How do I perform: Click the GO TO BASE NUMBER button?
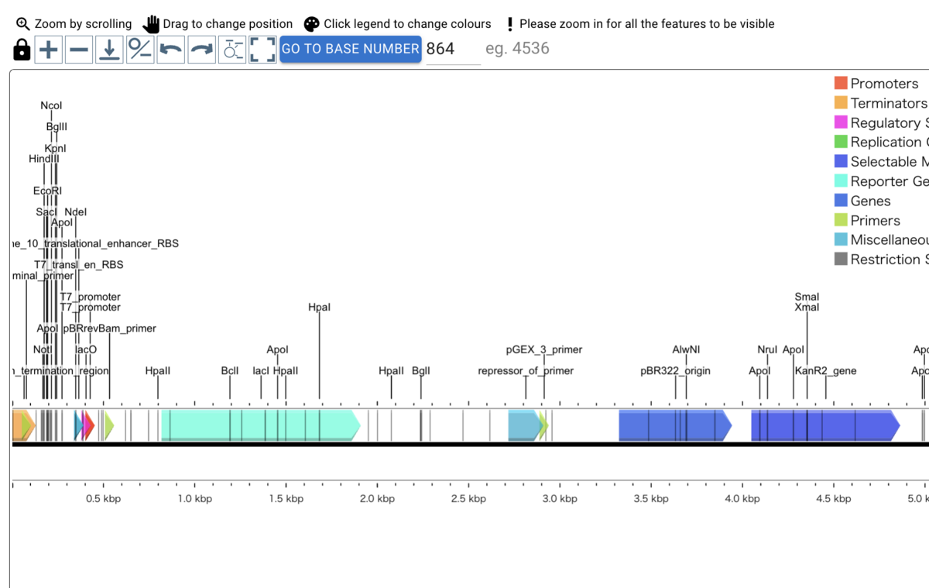click(x=351, y=49)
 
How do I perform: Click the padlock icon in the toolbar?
click(x=22, y=50)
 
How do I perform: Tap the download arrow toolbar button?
click(x=109, y=50)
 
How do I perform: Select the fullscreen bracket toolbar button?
click(x=262, y=50)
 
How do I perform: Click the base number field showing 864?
click(x=452, y=49)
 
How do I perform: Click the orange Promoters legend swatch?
click(x=841, y=84)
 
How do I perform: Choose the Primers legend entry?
click(x=875, y=221)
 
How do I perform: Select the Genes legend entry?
click(x=870, y=201)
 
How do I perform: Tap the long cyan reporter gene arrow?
click(x=260, y=425)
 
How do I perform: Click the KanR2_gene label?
click(x=825, y=371)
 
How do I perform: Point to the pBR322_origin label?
click(x=675, y=371)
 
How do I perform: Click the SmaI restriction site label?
click(x=807, y=297)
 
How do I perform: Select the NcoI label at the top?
click(x=51, y=106)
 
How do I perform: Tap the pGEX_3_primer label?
click(x=544, y=350)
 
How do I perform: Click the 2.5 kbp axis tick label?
click(x=468, y=499)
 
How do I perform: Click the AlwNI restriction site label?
click(x=686, y=350)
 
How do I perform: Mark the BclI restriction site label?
click(x=230, y=371)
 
